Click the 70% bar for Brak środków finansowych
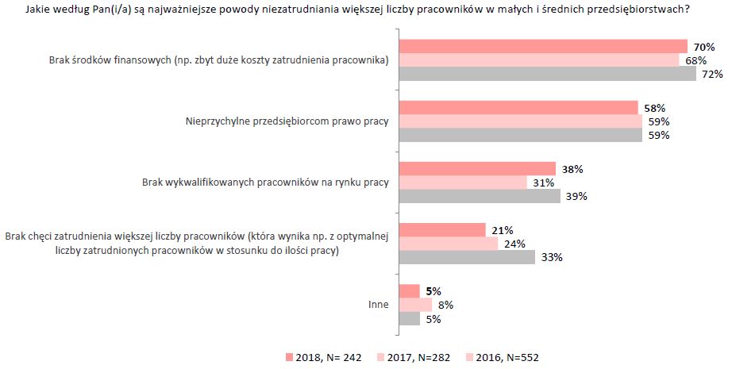click(x=542, y=46)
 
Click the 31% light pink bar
click(x=462, y=183)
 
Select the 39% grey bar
click(x=479, y=196)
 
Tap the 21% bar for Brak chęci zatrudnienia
click(x=441, y=230)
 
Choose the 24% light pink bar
click(x=448, y=244)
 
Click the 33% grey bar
click(x=466, y=257)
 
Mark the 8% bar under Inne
click(x=414, y=305)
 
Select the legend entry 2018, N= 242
click(x=322, y=357)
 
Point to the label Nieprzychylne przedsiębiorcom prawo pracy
click(x=287, y=121)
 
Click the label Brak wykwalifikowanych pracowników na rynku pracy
click(x=265, y=183)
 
